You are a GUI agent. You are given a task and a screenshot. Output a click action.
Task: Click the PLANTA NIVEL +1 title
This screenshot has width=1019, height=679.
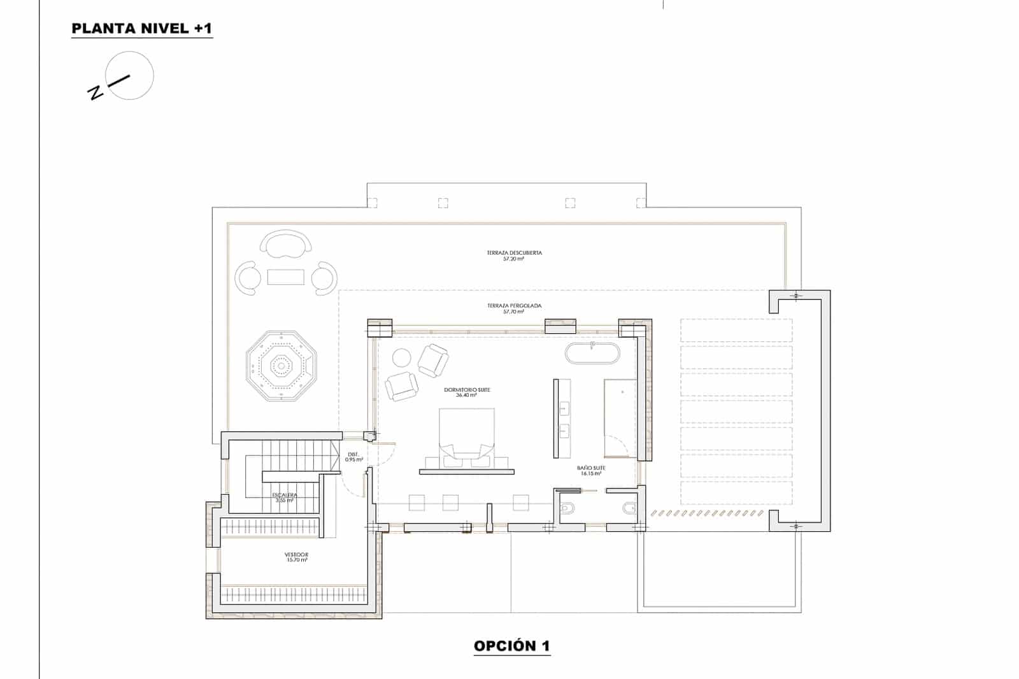coord(141,29)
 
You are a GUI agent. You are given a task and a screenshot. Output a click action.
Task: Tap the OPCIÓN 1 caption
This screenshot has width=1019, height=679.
coord(511,646)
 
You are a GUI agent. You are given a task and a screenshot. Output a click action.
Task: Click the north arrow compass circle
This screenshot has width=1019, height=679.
coord(131,76)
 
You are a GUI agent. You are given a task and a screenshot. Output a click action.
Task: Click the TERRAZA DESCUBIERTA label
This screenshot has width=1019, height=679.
coord(514,255)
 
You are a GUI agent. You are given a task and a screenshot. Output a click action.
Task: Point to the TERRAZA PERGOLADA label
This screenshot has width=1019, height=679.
coord(514,308)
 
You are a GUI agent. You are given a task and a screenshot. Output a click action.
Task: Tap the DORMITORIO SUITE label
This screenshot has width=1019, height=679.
coord(467,392)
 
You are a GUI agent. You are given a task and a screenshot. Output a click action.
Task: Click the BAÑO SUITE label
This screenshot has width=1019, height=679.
coord(592,470)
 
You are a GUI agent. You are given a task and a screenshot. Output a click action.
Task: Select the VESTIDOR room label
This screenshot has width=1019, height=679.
coord(296,557)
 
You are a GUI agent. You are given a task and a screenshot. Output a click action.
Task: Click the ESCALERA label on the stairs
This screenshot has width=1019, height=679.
coord(284,497)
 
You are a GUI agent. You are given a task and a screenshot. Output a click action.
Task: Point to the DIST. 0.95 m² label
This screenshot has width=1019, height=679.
coord(353,457)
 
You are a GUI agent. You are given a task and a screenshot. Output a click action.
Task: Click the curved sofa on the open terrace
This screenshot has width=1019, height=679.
coord(286,243)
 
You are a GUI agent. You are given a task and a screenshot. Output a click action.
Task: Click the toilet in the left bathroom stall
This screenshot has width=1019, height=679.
coord(569,508)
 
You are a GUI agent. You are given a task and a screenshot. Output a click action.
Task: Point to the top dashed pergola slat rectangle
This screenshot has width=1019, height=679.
coord(736,330)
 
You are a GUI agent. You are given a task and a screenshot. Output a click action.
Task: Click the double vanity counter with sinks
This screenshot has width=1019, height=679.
coord(562,418)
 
